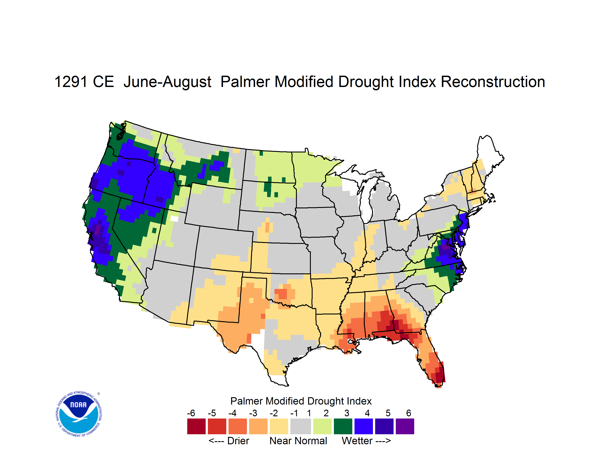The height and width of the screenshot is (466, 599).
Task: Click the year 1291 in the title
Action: tap(71, 82)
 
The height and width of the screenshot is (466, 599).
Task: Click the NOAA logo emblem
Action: tap(79, 414)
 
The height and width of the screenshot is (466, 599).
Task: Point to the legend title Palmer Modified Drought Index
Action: tap(301, 401)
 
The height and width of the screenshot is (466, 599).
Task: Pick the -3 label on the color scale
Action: tap(253, 413)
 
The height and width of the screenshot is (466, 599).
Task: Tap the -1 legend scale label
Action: tap(294, 413)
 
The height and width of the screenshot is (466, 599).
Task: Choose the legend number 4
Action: tap(367, 413)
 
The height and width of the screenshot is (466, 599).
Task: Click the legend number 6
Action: tap(408, 413)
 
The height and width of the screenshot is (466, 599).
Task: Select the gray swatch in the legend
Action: tap(301, 426)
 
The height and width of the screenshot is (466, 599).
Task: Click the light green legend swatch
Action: tap(322, 426)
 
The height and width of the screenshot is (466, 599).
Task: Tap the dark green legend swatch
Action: tap(343, 426)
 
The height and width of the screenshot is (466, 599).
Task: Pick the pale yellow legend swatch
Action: tap(279, 426)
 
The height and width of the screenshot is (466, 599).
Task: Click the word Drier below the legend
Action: tap(238, 441)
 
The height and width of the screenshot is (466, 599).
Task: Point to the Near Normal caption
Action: tap(298, 441)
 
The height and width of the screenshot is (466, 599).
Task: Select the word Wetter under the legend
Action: tap(357, 441)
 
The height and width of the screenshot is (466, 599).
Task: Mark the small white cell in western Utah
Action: tap(174, 219)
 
